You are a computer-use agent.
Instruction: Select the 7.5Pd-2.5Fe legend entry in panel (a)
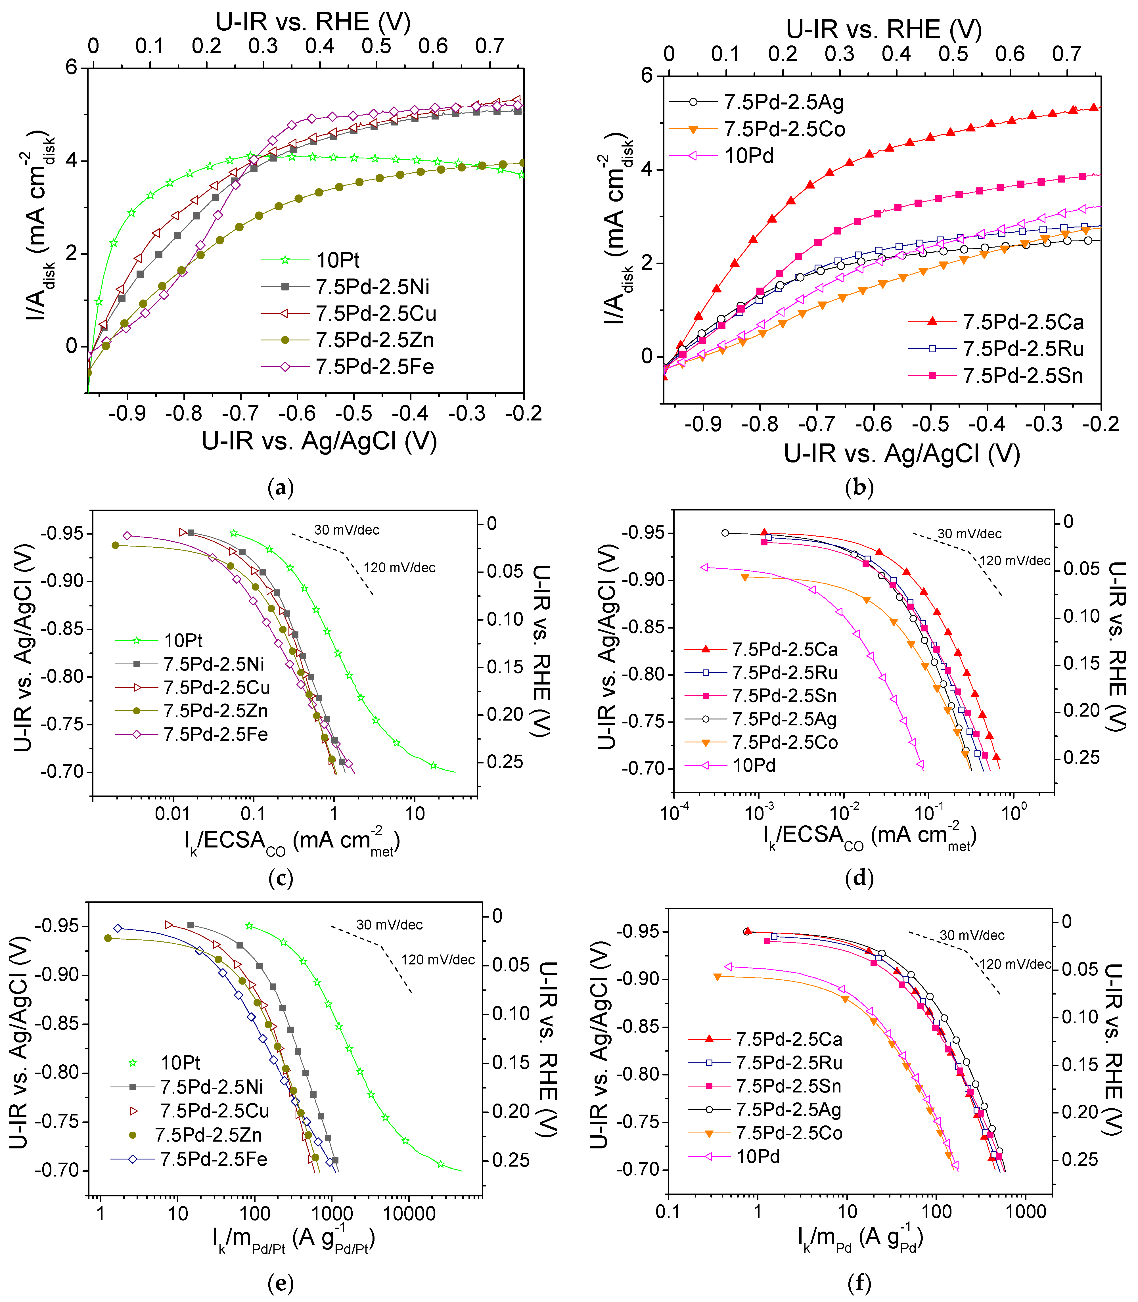(375, 367)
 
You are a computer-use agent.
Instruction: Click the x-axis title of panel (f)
(860, 1238)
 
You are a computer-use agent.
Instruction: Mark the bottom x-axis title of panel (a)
(319, 441)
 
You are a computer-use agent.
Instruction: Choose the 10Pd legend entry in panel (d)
(754, 765)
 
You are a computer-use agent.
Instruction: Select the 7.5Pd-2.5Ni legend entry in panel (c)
(214, 664)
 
